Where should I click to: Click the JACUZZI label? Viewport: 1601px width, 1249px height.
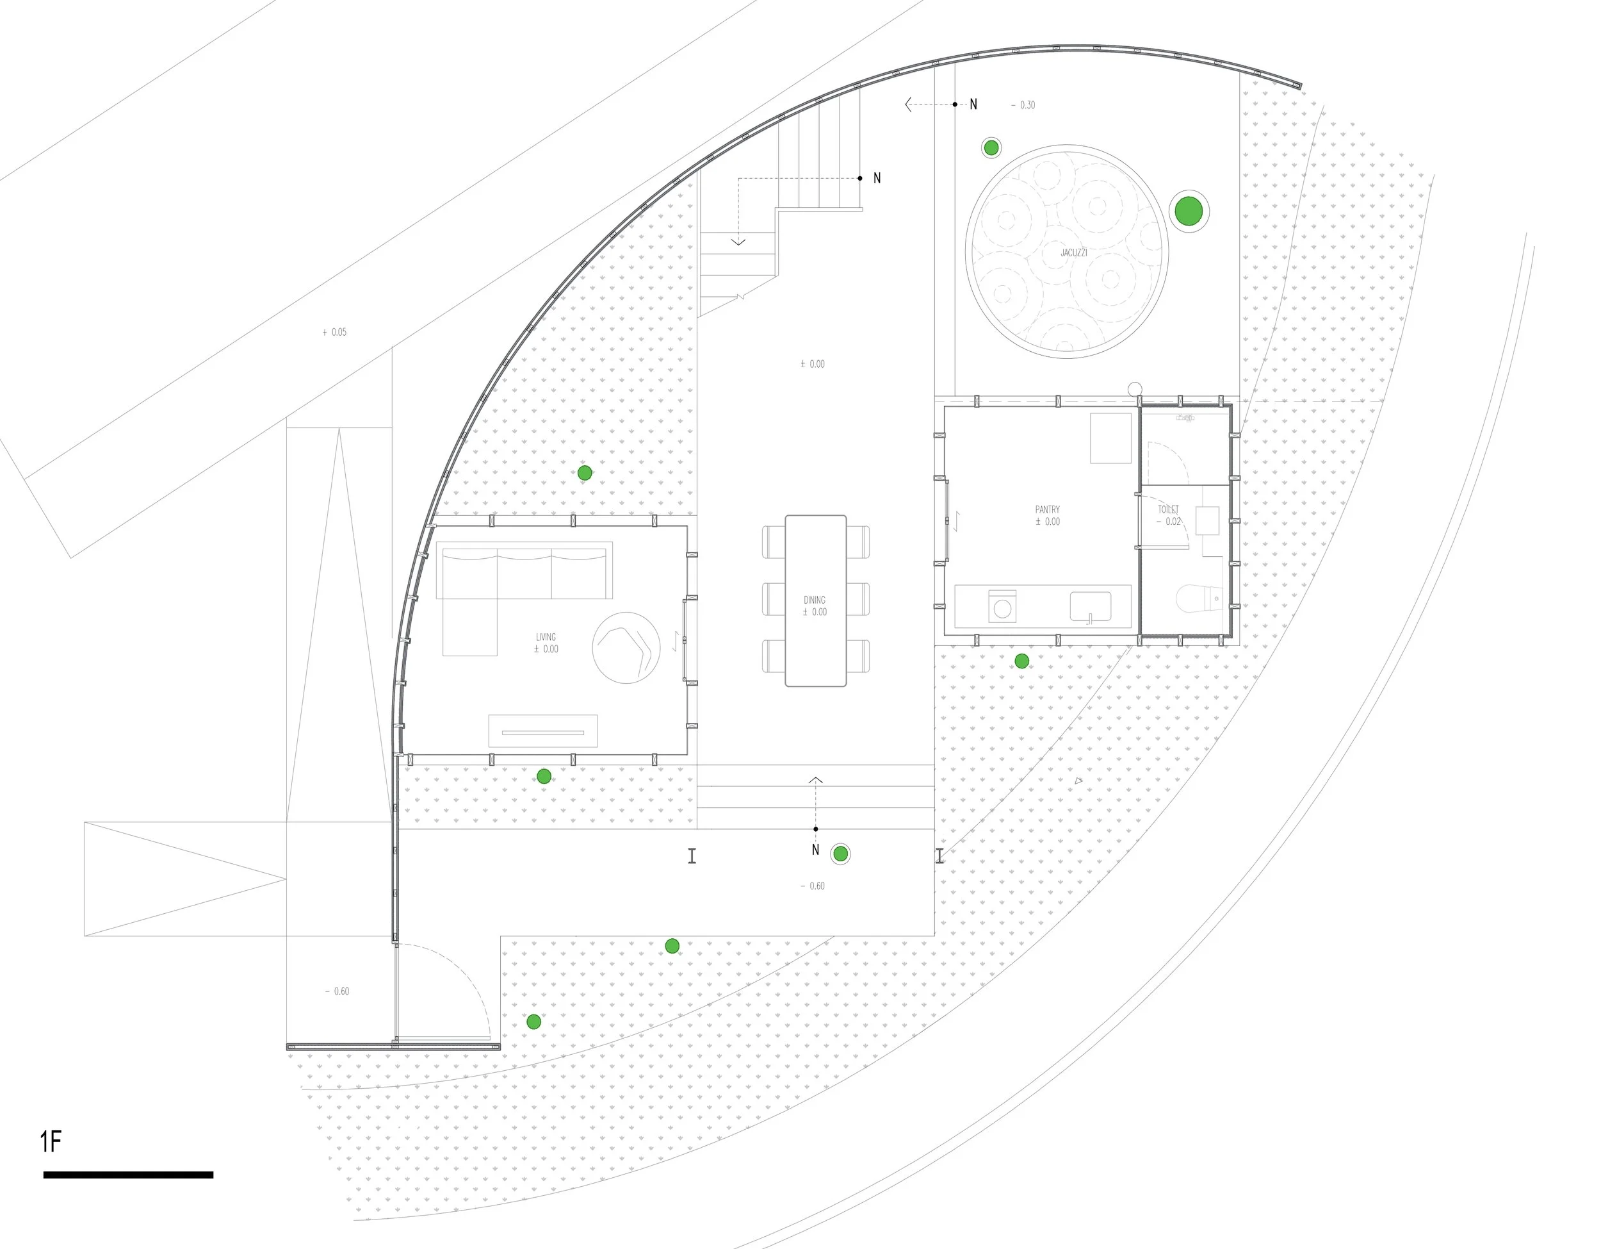(1073, 253)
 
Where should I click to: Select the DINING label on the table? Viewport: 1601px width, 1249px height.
(815, 600)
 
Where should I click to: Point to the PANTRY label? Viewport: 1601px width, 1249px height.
(1048, 509)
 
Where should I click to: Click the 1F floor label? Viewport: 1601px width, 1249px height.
(51, 1142)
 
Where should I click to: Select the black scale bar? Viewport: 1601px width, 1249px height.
(128, 1175)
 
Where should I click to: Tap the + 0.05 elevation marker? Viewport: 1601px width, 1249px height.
(334, 332)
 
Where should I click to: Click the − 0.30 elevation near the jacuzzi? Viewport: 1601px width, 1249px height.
(1023, 106)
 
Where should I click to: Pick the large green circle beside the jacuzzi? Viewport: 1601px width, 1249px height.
(1189, 211)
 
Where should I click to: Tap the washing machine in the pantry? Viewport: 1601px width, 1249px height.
(1002, 606)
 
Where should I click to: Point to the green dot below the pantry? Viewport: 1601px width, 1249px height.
(1021, 661)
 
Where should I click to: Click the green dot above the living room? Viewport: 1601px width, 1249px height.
(584, 473)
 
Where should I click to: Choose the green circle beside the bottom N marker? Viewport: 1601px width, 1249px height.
(841, 854)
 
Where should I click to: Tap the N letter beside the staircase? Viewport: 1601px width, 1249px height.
(877, 178)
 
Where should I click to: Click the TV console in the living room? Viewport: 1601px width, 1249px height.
(542, 731)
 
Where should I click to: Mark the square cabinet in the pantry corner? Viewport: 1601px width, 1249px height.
(1110, 438)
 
